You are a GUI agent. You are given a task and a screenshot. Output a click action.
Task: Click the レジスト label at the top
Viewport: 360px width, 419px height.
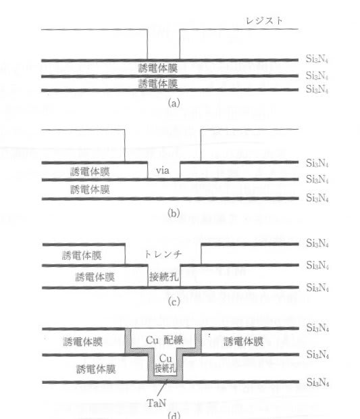264,20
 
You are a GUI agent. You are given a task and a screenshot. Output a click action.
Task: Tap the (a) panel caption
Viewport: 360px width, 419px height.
174,103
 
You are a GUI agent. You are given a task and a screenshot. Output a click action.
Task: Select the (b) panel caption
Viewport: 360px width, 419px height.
174,214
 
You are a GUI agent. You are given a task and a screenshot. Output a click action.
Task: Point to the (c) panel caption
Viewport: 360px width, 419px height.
174,302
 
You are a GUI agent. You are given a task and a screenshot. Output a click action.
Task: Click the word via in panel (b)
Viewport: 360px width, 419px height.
162,170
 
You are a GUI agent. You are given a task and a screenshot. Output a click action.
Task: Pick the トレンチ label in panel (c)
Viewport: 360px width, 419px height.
163,253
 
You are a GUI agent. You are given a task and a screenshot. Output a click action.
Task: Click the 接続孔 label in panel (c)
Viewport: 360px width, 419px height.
163,276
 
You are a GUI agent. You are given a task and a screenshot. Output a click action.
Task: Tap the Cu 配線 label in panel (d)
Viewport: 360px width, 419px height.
165,340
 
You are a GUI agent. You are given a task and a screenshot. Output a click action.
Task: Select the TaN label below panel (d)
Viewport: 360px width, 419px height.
157,403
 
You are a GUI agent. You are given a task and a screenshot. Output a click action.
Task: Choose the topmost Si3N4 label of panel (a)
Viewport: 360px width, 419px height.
317,59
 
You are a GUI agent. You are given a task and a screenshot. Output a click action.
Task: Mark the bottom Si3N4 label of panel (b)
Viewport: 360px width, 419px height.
317,198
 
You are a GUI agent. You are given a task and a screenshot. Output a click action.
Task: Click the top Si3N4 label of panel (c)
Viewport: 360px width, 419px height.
317,243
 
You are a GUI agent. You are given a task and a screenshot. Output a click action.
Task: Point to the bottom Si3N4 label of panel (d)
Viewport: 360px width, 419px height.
317,382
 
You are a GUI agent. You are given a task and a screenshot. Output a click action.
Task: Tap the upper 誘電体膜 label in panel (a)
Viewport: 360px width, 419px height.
158,68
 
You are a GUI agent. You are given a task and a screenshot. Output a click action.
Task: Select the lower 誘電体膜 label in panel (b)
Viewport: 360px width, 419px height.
90,189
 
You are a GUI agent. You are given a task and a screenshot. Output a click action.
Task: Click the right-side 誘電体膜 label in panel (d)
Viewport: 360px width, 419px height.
243,341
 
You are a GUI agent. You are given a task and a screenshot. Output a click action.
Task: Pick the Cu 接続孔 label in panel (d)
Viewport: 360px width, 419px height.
165,364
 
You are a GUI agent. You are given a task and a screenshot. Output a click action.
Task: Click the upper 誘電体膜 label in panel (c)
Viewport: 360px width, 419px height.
82,255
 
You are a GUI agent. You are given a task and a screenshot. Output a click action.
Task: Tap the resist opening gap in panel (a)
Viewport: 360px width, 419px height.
163,44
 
